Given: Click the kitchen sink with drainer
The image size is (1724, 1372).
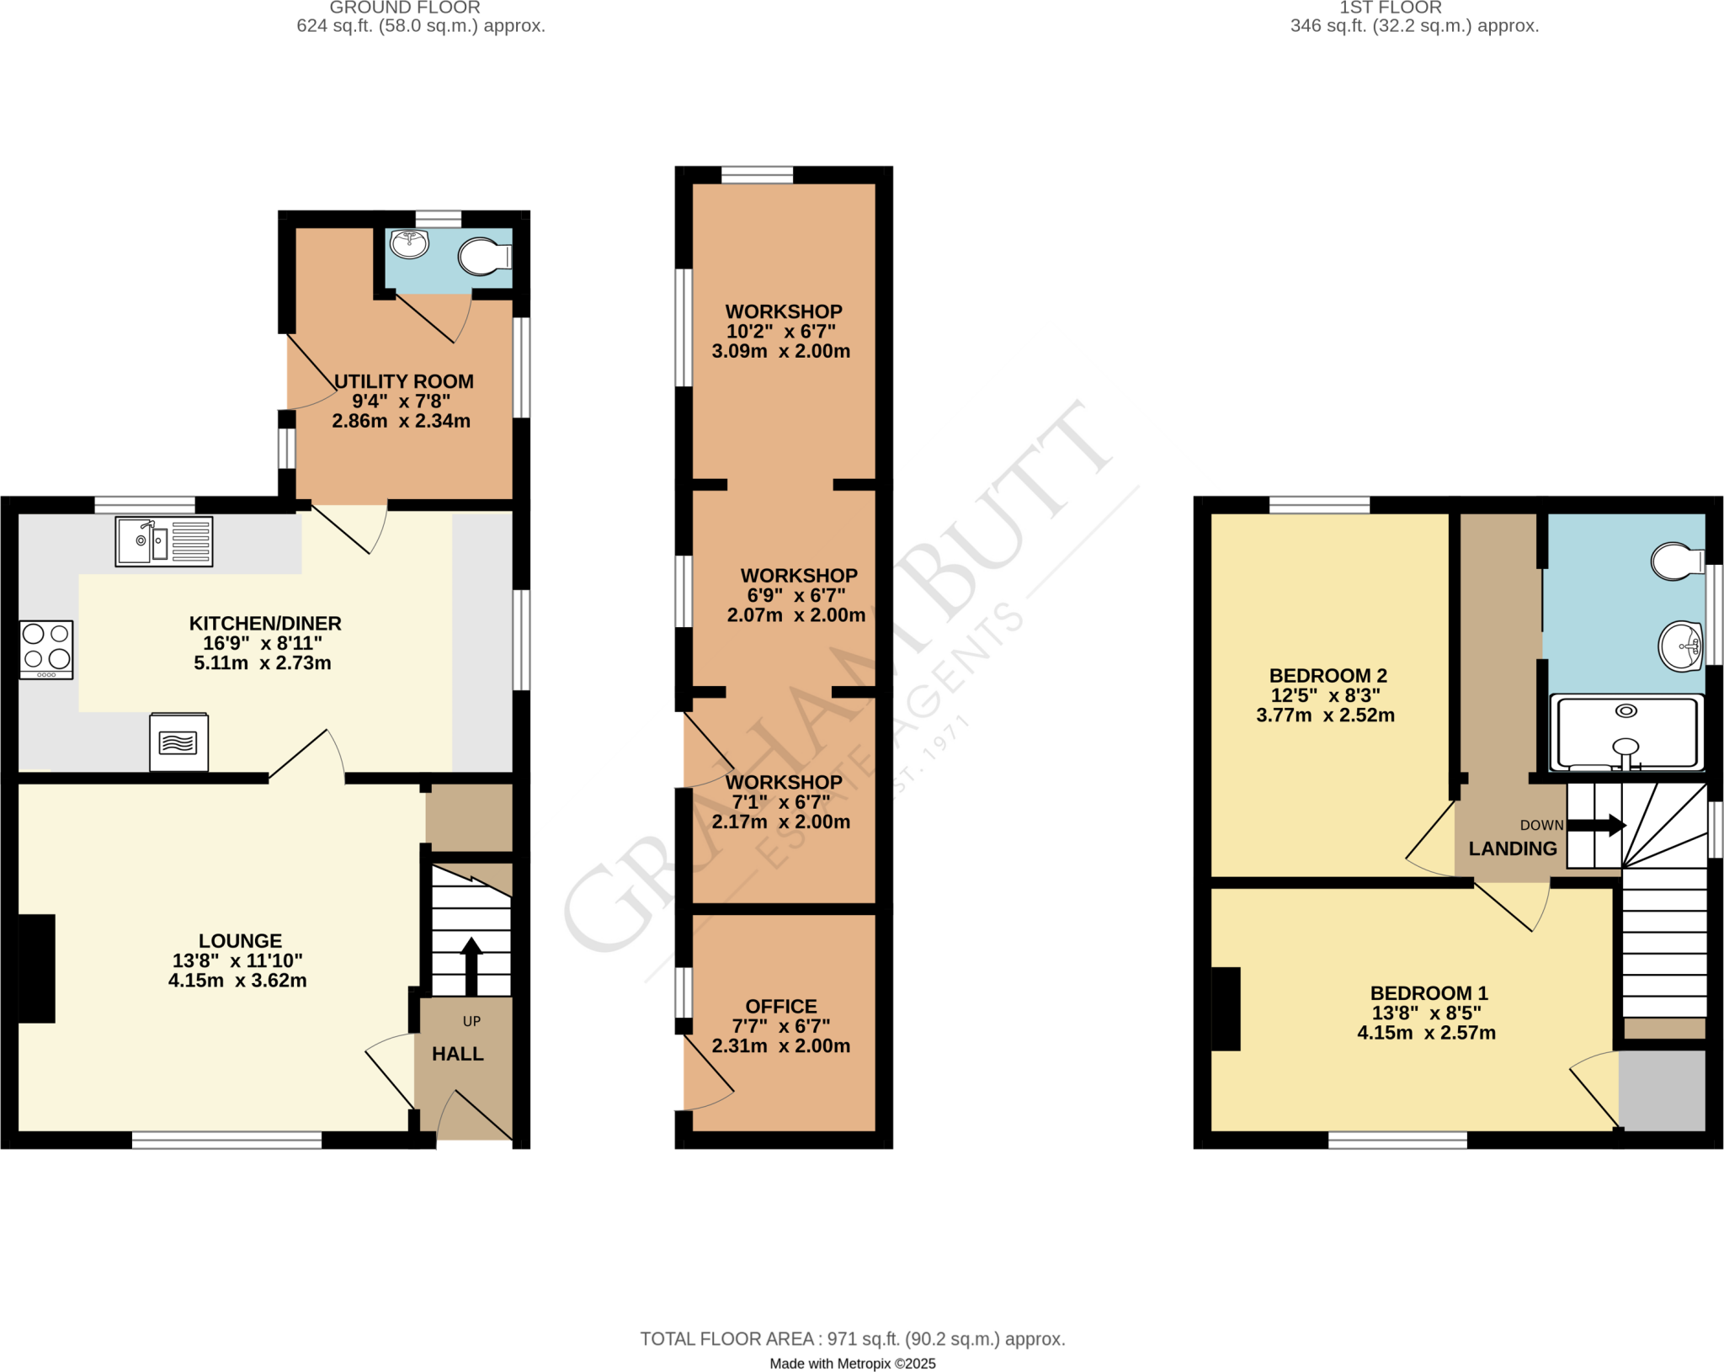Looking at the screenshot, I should (x=164, y=541).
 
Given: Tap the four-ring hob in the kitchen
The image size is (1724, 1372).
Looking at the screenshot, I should (x=46, y=649).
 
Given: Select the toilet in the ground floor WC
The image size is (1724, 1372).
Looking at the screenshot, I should (x=485, y=257).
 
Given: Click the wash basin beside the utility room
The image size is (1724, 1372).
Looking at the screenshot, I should (x=410, y=243).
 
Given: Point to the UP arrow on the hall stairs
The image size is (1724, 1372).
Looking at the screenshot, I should (x=471, y=965).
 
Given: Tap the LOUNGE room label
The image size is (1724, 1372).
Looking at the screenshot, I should (x=240, y=941).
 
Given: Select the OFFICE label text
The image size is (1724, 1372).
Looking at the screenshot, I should (x=781, y=1007).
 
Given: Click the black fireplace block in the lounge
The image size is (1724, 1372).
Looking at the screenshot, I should (x=36, y=968).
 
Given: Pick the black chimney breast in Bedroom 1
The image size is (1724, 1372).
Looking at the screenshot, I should (x=1226, y=1009).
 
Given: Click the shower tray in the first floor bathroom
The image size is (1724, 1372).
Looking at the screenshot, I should (x=1626, y=731).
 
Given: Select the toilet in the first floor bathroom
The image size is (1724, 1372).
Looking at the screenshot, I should (x=1678, y=561).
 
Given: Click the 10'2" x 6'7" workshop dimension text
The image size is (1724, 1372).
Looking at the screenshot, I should (x=781, y=332).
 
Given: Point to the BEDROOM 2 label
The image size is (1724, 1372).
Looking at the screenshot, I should (x=1328, y=676).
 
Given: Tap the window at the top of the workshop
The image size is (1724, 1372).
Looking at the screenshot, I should (x=757, y=175).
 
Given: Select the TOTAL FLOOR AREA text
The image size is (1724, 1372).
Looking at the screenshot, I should (x=852, y=1339).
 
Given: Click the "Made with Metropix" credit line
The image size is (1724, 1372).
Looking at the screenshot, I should (x=852, y=1364).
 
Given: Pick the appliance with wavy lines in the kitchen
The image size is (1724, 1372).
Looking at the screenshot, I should (x=178, y=742).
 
